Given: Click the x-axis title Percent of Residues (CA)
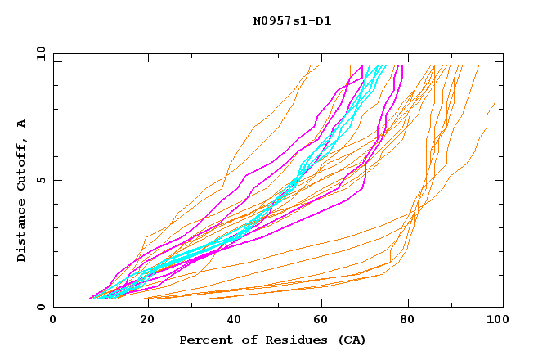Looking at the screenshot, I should tap(272, 340).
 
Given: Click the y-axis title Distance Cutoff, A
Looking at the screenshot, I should tap(21, 190).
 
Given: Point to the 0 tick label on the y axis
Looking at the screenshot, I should tap(40, 308).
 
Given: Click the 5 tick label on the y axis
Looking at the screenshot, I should tap(40, 180).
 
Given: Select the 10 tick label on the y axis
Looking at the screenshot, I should tap(38, 53).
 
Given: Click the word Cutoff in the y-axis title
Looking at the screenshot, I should tap(21, 163).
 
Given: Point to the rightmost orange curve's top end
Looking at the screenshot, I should tap(495, 66).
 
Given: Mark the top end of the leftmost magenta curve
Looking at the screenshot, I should tap(362, 66).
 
